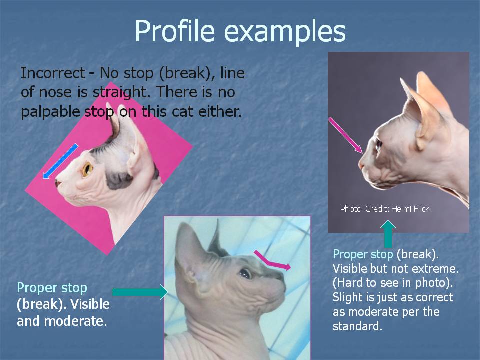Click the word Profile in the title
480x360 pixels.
tap(175, 31)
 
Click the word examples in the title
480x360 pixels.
tap(285, 31)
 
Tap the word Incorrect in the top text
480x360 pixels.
tap(52, 73)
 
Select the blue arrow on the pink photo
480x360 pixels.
tap(60, 161)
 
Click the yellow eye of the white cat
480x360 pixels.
tap(87, 169)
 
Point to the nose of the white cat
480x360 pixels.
tap(57, 183)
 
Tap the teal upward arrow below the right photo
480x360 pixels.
tap(388, 234)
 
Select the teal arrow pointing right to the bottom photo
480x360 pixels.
tap(140, 292)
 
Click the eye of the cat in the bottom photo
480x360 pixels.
tap(245, 273)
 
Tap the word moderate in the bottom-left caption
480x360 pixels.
tap(75, 321)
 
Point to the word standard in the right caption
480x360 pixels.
tap(357, 326)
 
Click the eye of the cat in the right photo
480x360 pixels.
tap(378, 144)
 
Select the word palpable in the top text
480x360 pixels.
tap(50, 112)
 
